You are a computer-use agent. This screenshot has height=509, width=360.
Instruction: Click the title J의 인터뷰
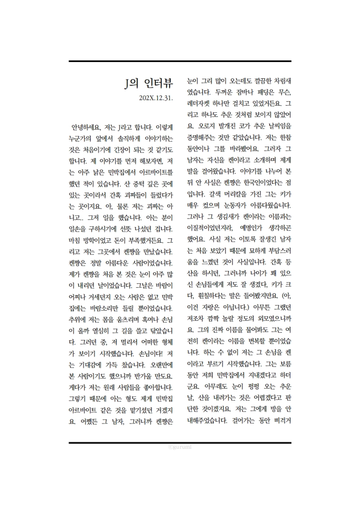coord(148,83)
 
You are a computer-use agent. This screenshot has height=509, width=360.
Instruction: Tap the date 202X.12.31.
coord(156,98)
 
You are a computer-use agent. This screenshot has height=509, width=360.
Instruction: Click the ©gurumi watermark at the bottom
coord(180,447)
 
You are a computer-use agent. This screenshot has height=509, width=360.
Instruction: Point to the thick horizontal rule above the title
coord(180,61)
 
